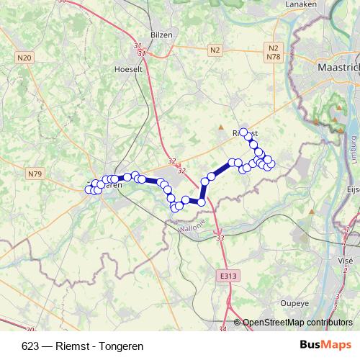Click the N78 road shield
273,56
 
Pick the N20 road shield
24,57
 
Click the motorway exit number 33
220,238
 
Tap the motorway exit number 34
222,329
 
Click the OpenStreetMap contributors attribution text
297,323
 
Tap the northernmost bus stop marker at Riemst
244,132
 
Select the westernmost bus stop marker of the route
89,189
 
